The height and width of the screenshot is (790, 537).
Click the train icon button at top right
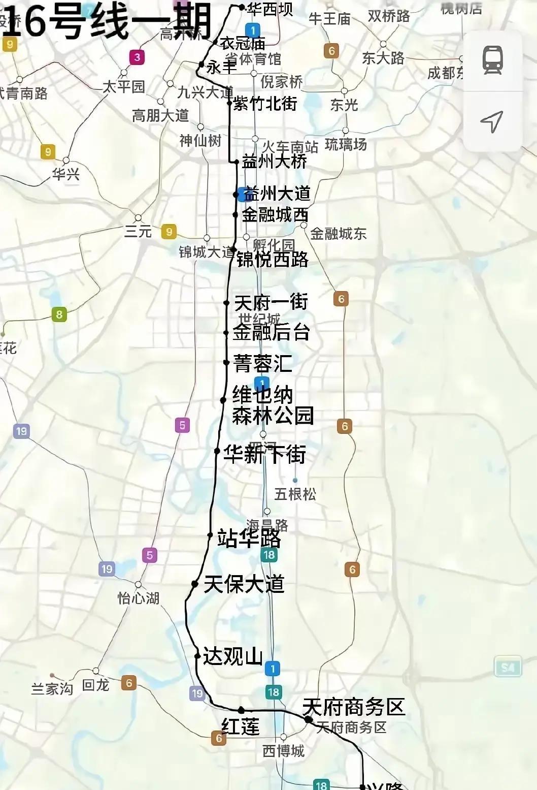[492, 60]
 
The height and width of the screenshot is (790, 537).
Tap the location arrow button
[492, 121]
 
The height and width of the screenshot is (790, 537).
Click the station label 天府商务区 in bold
[354, 707]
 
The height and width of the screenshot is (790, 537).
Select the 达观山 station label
[232, 656]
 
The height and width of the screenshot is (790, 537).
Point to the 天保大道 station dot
[195, 584]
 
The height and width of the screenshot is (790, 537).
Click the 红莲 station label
[241, 726]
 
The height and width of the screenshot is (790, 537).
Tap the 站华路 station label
[249, 538]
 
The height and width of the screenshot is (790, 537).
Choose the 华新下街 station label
[265, 454]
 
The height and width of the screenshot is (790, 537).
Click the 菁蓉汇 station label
[262, 363]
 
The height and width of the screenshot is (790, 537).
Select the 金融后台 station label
[271, 332]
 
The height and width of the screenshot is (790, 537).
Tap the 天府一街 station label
[271, 302]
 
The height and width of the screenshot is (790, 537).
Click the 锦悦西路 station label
[273, 260]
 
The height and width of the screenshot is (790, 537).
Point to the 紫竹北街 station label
[265, 104]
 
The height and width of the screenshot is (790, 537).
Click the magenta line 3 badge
[137, 57]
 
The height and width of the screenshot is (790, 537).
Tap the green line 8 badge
[59, 314]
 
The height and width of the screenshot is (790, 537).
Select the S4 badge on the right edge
[508, 667]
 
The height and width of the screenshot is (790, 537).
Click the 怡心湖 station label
[139, 598]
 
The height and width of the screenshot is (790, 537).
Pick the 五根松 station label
[295, 494]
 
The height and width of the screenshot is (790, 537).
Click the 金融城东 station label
[338, 234]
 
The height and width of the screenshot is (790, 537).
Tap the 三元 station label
[138, 232]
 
